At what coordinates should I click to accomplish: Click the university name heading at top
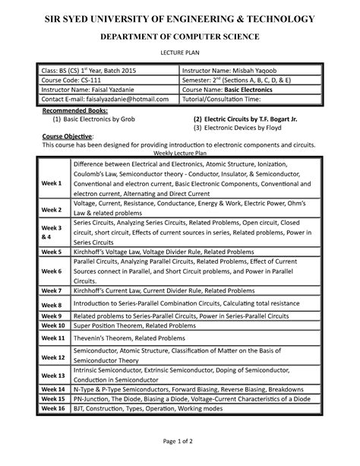coord(179,17)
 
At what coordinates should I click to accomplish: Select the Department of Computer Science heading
coord(179,36)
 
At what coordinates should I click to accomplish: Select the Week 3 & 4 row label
coord(52,232)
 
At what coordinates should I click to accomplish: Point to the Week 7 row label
coord(52,290)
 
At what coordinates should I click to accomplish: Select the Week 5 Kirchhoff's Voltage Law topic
coord(169,251)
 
